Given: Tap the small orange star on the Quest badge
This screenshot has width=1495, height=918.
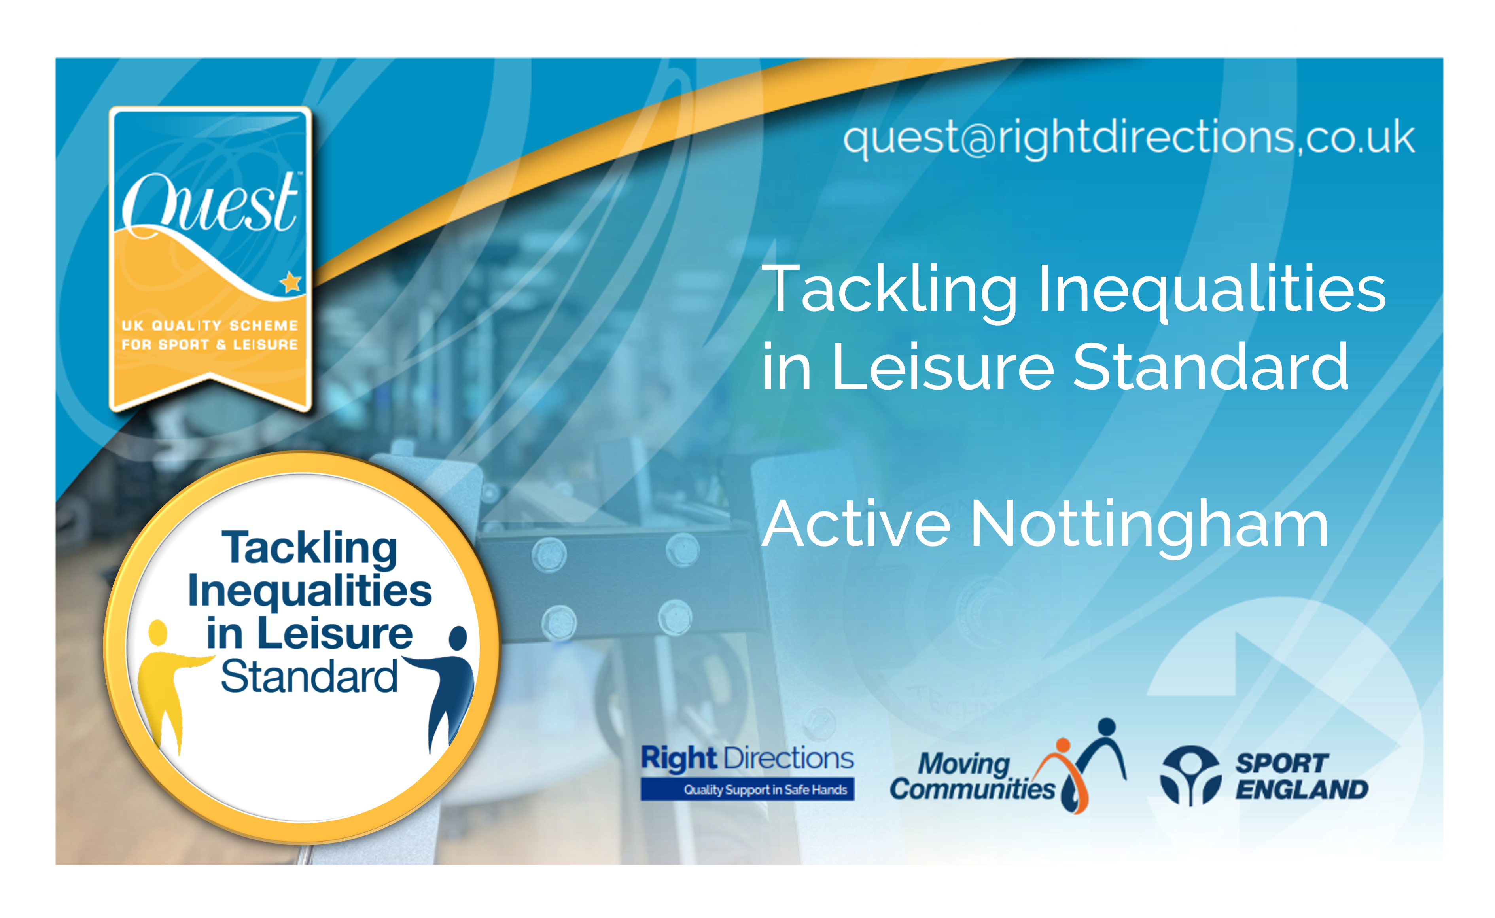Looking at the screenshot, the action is click(x=291, y=282).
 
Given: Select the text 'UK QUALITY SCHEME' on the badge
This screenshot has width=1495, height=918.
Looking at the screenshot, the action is click(x=209, y=326).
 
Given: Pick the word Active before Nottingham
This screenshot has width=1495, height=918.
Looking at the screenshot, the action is click(x=856, y=523).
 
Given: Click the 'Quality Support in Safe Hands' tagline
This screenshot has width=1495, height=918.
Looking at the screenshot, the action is click(x=765, y=789).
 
